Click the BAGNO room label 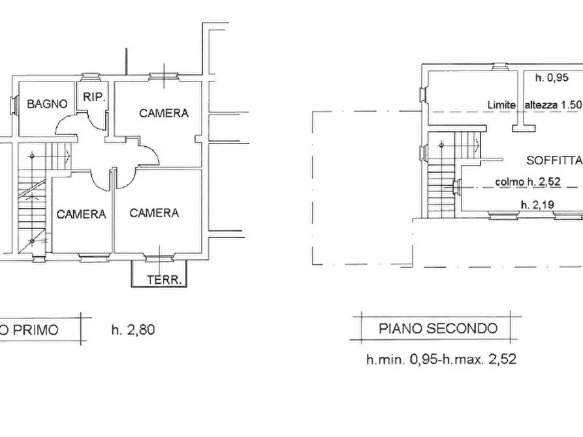[x=47, y=104]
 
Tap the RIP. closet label [x=91, y=97]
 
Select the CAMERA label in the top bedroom [x=164, y=113]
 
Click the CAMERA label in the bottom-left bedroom [x=81, y=214]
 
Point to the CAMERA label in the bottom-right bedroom [x=154, y=213]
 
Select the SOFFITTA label [x=554, y=160]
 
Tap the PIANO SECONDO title [x=438, y=328]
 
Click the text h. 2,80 [x=133, y=329]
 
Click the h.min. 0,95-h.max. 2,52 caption [x=441, y=359]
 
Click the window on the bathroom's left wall [x=14, y=104]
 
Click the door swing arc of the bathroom [x=63, y=123]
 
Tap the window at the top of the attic [x=499, y=66]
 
